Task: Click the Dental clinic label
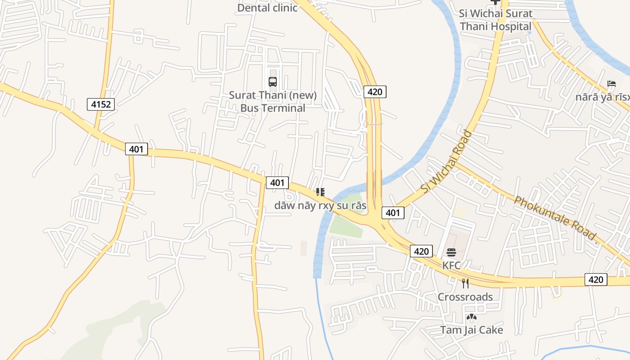coord(267,8)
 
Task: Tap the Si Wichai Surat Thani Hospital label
coord(495,20)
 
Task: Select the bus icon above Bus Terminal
coord(273,82)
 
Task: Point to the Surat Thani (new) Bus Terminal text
coord(273,102)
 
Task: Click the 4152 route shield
coord(101,105)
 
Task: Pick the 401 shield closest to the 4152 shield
coord(136,149)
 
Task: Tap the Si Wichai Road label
coord(446,162)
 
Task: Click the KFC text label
coord(451,265)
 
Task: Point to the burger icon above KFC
coord(451,252)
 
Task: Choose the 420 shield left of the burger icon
coord(421,251)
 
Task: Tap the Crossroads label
coord(465,297)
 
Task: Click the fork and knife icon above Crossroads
coord(465,283)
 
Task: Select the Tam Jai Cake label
coord(472,330)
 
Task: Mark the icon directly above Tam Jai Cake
coord(471,317)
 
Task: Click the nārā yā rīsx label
coord(603,97)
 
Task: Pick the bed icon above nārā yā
coord(611,84)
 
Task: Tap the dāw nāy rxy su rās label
coord(320,206)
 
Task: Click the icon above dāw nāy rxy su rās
coord(320,193)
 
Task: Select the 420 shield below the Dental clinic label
coord(374,92)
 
